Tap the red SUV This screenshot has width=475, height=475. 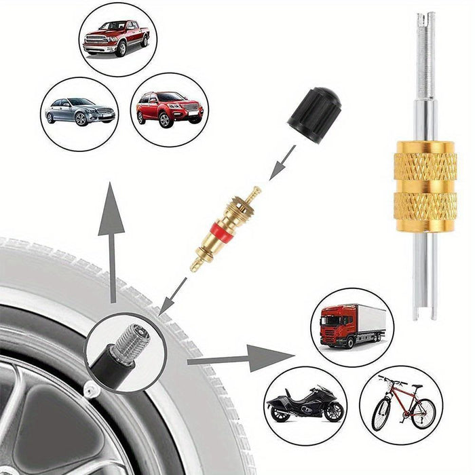tap(169, 108)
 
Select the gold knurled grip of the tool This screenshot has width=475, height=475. tap(425, 179)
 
